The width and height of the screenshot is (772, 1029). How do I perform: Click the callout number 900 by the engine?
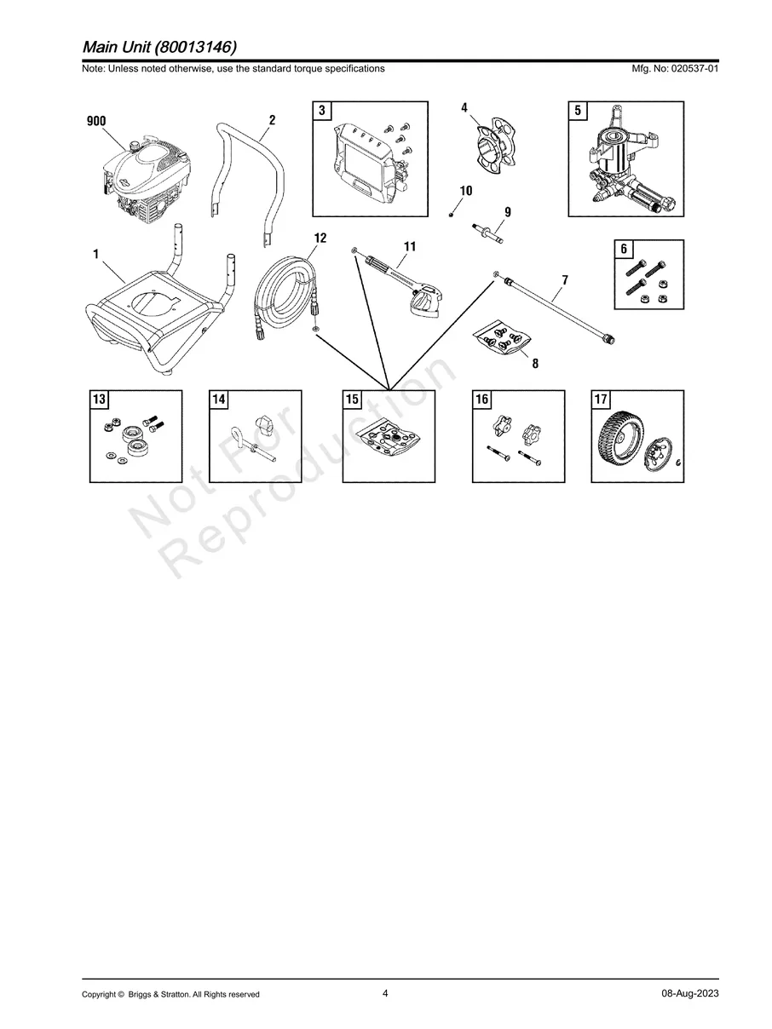click(96, 122)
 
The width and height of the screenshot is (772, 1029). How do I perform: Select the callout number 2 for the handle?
click(272, 120)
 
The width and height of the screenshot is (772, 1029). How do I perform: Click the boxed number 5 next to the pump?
click(578, 111)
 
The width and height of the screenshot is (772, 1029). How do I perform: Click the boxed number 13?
click(100, 400)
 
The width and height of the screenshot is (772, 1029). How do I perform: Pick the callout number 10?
click(466, 191)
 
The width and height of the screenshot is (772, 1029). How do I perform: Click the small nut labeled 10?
click(451, 216)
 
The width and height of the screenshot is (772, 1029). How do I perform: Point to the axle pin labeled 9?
click(488, 233)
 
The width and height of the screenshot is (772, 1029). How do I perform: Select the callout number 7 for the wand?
click(565, 280)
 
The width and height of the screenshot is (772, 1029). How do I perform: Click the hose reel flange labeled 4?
click(494, 147)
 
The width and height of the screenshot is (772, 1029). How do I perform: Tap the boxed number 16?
click(481, 400)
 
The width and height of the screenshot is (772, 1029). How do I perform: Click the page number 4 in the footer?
click(385, 993)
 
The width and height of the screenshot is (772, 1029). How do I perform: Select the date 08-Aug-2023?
click(690, 993)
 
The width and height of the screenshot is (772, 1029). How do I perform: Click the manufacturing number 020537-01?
click(694, 68)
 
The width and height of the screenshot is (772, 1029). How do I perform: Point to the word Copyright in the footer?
click(100, 994)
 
